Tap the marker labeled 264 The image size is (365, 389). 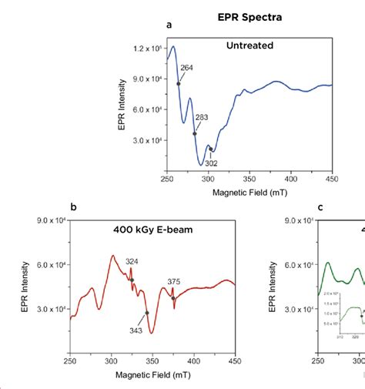(x=179, y=84)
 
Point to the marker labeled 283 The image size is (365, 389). (x=194, y=133)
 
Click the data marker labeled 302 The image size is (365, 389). (x=209, y=149)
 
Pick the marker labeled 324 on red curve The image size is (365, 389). (x=132, y=280)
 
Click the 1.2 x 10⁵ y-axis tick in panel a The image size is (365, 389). (x=145, y=49)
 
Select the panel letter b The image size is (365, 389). (x=73, y=207)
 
